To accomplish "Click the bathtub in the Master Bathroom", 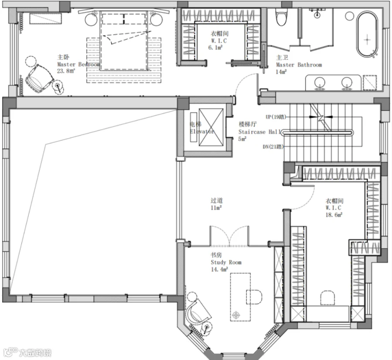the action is coord(367,35).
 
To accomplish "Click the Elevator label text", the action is coord(202,131).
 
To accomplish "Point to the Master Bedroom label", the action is coord(78,65).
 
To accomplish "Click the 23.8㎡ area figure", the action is coord(66,71).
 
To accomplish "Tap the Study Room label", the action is coord(226,262).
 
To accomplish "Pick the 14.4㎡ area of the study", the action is coord(219,269).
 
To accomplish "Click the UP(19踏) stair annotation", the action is coord(276,117).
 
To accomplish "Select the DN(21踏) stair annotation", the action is coord(273,146).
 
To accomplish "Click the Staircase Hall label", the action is coord(260,132).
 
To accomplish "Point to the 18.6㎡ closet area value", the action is coord(334,215).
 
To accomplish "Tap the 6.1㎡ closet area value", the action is coord(215,47).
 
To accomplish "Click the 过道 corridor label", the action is coord(216,200).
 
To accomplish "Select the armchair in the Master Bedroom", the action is coord(39,79).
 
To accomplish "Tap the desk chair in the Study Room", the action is coord(254,297).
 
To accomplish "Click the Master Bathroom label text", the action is coord(299,65).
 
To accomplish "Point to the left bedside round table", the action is coord(91,19).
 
